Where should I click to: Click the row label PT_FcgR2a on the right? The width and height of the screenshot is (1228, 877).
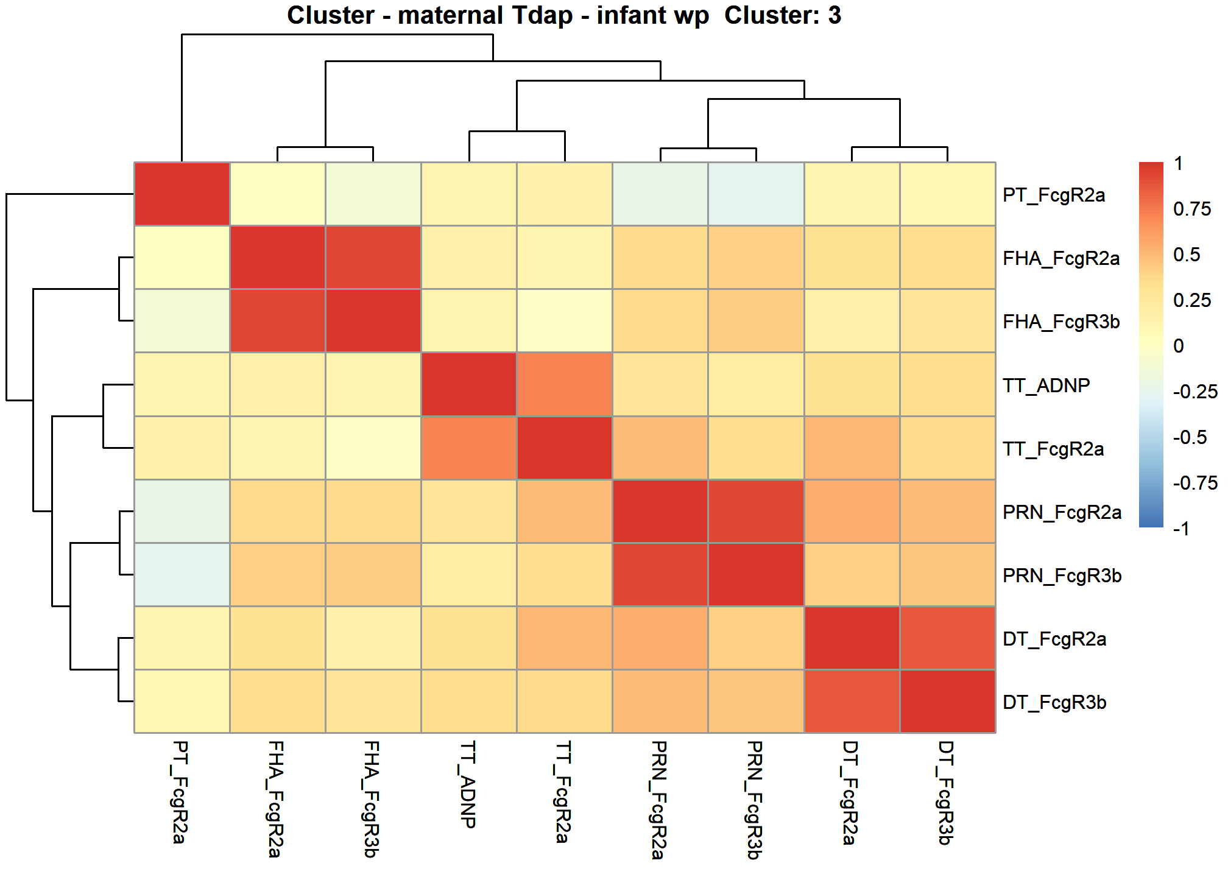tap(1054, 195)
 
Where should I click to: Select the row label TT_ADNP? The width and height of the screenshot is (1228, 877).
tap(1046, 386)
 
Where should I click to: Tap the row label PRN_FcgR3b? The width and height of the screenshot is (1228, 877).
tap(1062, 576)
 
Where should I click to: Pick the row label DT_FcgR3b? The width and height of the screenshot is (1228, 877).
tap(1054, 702)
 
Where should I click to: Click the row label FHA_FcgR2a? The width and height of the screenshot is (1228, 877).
tap(1061, 258)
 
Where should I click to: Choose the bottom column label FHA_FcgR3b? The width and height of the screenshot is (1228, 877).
tap(372, 799)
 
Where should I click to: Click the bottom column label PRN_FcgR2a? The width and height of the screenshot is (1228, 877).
tap(658, 800)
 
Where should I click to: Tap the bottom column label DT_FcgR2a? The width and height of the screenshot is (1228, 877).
tap(850, 793)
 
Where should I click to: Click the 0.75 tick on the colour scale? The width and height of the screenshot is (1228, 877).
tap(1191, 209)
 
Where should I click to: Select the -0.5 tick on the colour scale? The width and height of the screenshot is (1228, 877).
tap(1190, 437)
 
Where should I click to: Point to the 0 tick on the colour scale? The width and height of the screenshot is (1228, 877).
tap(1179, 346)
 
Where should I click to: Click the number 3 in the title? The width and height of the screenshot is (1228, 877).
tap(834, 15)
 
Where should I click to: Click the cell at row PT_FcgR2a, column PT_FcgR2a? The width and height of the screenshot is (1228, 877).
tap(182, 194)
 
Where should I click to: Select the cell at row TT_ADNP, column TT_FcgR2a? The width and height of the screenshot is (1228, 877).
tap(565, 385)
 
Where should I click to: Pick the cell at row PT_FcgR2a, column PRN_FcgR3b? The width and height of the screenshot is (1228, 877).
tap(756, 194)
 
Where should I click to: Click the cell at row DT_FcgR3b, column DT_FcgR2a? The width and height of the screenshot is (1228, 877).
tap(852, 702)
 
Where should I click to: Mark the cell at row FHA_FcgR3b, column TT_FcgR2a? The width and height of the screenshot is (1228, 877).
tap(565, 321)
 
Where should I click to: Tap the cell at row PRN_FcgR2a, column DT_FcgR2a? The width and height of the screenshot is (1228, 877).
tap(852, 512)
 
